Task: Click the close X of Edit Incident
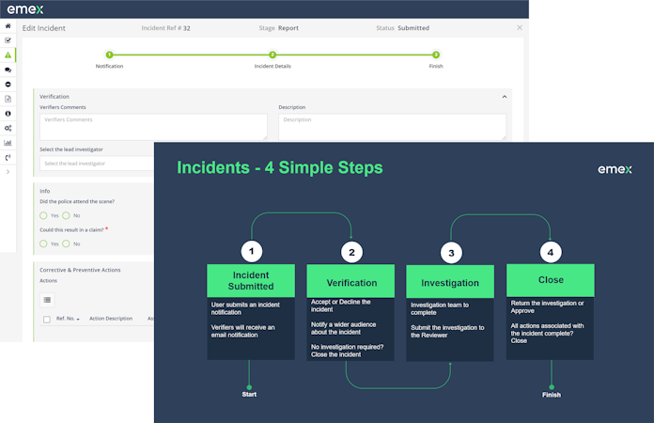[x=520, y=28]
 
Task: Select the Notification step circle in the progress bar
[x=109, y=55]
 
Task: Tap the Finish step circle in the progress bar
[x=436, y=55]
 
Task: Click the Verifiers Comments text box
[x=153, y=126]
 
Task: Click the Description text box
[x=392, y=126]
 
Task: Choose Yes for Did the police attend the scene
[x=44, y=215]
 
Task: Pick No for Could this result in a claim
[x=67, y=243]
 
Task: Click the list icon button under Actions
[x=48, y=299]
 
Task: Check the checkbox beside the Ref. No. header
[x=47, y=319]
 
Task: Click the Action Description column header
[x=111, y=319]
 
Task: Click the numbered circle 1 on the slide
[x=251, y=252]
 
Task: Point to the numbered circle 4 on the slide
[x=551, y=252]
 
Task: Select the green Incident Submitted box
[x=251, y=281]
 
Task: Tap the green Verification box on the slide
[x=350, y=282]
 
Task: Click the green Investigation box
[x=450, y=282]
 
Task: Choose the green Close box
[x=550, y=281]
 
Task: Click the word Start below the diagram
[x=249, y=395]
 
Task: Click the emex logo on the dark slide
[x=615, y=169]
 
